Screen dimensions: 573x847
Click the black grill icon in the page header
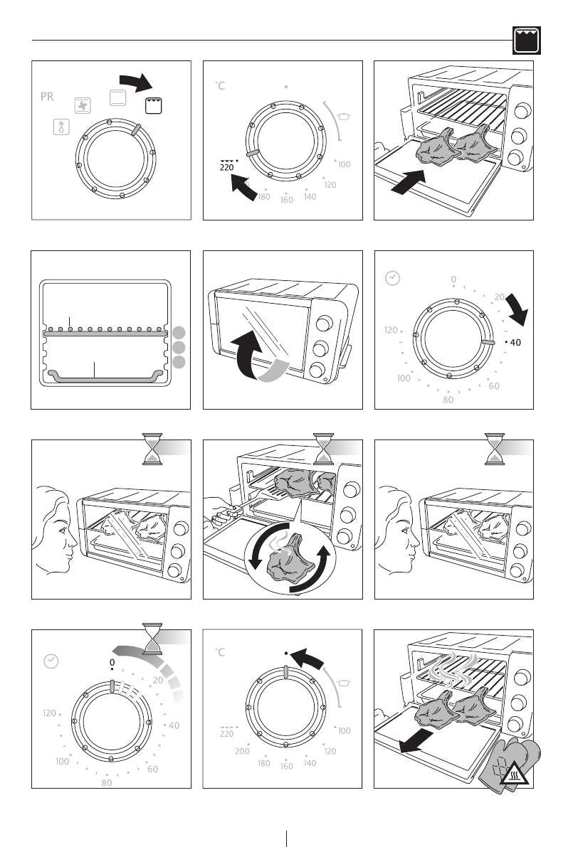pyautogui.click(x=527, y=41)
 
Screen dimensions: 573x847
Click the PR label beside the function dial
pyautogui.click(x=47, y=96)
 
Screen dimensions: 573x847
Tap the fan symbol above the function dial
pyautogui.click(x=83, y=106)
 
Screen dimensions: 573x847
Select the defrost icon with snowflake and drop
pyautogui.click(x=62, y=127)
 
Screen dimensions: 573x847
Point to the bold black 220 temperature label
pyautogui.click(x=227, y=167)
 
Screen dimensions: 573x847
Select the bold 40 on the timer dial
pyautogui.click(x=515, y=343)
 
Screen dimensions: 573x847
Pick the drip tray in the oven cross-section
pyautogui.click(x=105, y=376)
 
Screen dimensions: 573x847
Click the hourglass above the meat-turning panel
pyautogui.click(x=323, y=449)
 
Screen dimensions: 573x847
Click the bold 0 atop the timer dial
pyautogui.click(x=112, y=662)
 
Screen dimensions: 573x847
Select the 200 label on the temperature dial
pyautogui.click(x=242, y=751)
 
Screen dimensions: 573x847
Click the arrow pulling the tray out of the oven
pyautogui.click(x=416, y=740)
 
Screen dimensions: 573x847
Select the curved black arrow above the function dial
pyautogui.click(x=136, y=82)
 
